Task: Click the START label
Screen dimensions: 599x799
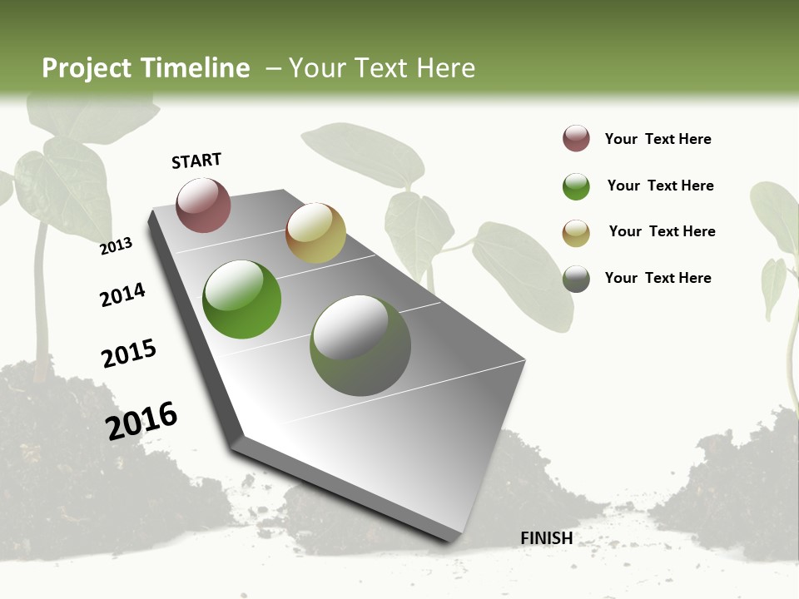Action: click(x=196, y=161)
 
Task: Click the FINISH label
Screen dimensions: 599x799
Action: click(x=547, y=538)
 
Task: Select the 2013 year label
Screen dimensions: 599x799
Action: click(x=117, y=245)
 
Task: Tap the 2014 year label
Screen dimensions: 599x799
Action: click(x=122, y=295)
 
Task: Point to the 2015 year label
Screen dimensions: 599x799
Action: click(x=129, y=354)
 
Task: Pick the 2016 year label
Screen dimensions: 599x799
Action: click(x=141, y=420)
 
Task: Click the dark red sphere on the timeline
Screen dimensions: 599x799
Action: click(x=203, y=205)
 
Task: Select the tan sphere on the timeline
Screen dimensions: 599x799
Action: click(x=315, y=233)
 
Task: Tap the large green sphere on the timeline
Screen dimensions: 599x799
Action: click(x=241, y=299)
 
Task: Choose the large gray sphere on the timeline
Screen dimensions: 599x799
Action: click(x=360, y=345)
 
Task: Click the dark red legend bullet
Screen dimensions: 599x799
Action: click(x=576, y=138)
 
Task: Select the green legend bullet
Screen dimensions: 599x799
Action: click(x=576, y=186)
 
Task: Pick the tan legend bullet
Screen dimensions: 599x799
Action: click(x=576, y=233)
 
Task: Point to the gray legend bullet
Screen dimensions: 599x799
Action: click(x=576, y=279)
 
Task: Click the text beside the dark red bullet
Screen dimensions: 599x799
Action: click(x=658, y=139)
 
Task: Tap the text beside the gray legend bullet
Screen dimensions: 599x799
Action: click(x=658, y=278)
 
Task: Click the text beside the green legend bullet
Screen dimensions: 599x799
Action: click(x=660, y=186)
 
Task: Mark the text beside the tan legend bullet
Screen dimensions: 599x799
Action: click(x=662, y=231)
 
